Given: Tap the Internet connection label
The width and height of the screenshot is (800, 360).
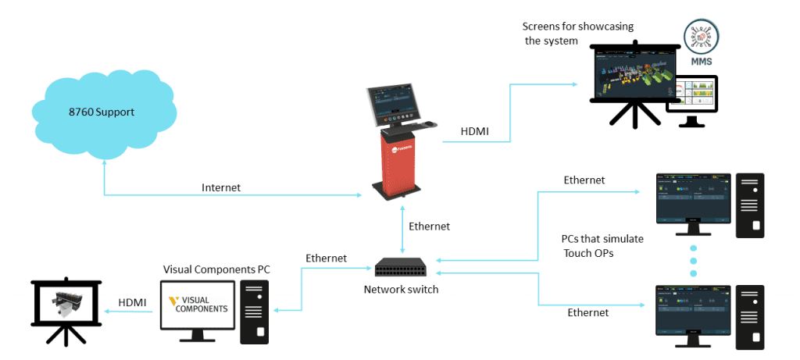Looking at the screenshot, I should (x=221, y=187).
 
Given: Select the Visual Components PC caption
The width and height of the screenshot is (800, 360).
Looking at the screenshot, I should (x=216, y=269).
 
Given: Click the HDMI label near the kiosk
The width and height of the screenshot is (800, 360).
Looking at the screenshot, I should (x=475, y=131).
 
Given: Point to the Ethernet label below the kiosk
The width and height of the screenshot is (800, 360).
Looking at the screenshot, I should (x=429, y=226).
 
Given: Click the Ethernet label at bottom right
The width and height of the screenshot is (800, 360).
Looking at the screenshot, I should (x=587, y=312).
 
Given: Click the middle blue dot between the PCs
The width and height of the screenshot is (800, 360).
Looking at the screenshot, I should (x=693, y=259).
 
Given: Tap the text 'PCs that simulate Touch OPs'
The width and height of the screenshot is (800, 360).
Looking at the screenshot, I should (x=602, y=245).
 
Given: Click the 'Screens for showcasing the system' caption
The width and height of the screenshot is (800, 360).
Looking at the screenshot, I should (x=573, y=34).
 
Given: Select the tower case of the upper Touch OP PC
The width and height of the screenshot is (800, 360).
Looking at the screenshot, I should (x=749, y=205).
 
